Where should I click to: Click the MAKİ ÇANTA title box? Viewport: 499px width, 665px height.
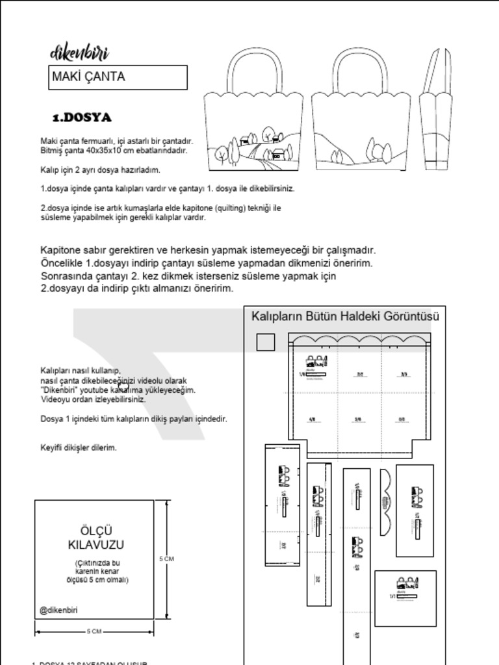click(x=118, y=77)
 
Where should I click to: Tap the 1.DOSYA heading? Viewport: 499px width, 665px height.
click(x=82, y=118)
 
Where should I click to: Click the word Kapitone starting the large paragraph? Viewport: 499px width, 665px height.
click(x=63, y=250)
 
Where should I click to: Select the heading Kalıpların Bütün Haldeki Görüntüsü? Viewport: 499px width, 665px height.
click(x=345, y=317)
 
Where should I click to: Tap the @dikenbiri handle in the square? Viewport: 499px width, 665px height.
click(x=58, y=610)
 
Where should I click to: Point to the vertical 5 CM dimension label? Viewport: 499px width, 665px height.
click(x=166, y=558)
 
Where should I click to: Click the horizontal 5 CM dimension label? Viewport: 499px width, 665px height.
click(x=94, y=631)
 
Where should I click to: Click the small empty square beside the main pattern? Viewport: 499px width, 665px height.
click(x=266, y=342)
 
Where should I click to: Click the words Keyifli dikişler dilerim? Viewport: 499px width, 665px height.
click(x=79, y=447)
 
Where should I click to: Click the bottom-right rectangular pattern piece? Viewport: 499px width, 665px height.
click(x=405, y=598)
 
